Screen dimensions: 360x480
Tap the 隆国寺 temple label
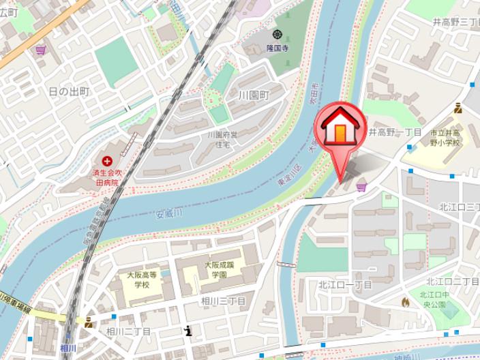[x=277, y=48]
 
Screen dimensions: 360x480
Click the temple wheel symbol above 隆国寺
[x=277, y=34]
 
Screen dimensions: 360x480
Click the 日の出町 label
[x=68, y=91]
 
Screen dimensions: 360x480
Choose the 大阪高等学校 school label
[x=142, y=280]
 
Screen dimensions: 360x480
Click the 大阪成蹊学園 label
[x=218, y=269]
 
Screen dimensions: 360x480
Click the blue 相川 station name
[x=67, y=348]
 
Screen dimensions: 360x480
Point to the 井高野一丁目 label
[x=396, y=132]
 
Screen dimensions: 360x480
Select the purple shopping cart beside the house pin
[x=361, y=187]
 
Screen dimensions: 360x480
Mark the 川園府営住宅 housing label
[x=224, y=140]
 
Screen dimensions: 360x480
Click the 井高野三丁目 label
[x=455, y=22]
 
